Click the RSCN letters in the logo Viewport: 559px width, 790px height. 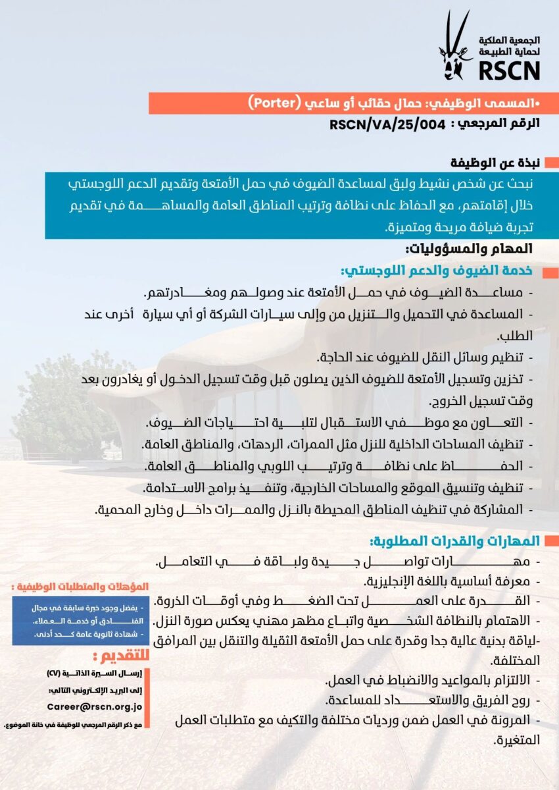[x=508, y=69]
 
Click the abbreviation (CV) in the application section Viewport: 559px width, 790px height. [x=55, y=673]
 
